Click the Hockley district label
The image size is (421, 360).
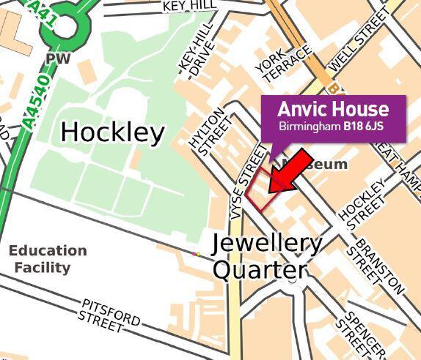tap(112, 132)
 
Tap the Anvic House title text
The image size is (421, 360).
tap(332, 110)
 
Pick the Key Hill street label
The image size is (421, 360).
tap(190, 6)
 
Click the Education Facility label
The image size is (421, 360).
tap(48, 259)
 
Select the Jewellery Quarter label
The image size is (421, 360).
tap(266, 256)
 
